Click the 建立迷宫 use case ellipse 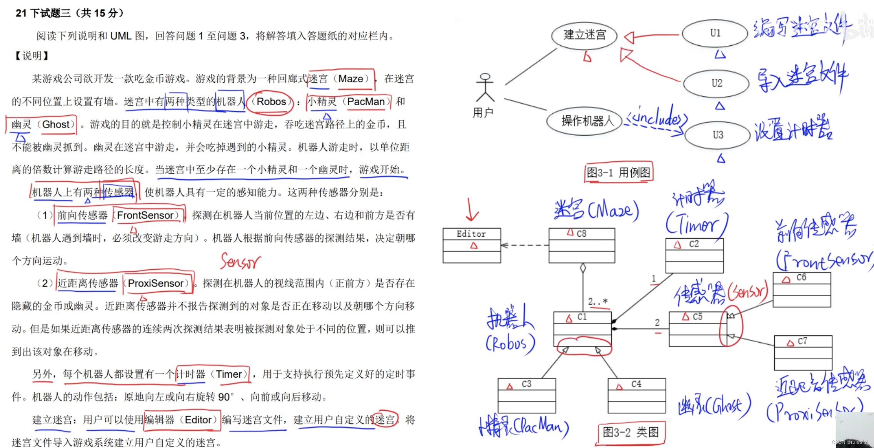tap(584, 35)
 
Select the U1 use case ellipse tap(715, 33)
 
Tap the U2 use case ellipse tap(716, 83)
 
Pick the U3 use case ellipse tap(717, 135)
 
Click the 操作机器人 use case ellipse tap(584, 121)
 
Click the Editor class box tap(472, 246)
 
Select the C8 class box tap(582, 246)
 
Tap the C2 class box tap(694, 256)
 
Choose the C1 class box tap(582, 329)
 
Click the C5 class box tap(697, 329)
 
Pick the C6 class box tap(802, 290)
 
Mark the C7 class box tap(803, 353)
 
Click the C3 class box tap(527, 396)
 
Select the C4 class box tap(637, 396)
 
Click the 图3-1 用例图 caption tap(618, 173)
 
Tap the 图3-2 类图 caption tap(630, 433)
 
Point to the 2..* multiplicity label tap(597, 302)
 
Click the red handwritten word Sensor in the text tap(240, 262)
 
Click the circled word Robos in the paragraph tap(271, 102)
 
